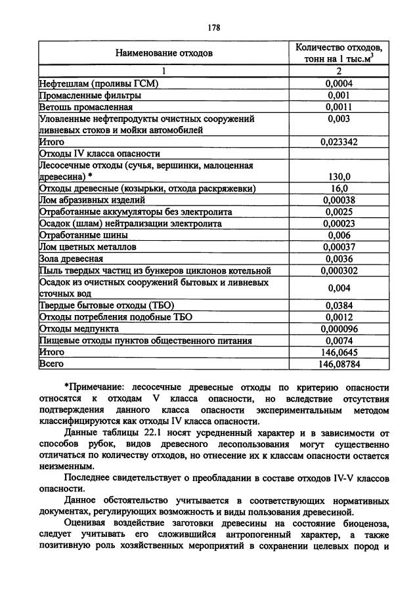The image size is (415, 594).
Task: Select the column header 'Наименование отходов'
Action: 164,54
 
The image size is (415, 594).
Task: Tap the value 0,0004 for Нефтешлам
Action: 339,83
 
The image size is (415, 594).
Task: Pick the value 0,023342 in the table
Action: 339,141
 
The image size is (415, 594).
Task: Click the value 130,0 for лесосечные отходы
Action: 339,177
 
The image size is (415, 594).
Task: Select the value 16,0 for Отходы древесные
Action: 339,188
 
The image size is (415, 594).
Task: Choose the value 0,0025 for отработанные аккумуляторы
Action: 339,212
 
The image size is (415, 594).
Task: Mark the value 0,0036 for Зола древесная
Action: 339,259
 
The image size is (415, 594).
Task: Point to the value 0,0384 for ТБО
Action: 339,305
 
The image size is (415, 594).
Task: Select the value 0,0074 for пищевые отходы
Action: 339,341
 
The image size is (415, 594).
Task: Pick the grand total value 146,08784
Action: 339,363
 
